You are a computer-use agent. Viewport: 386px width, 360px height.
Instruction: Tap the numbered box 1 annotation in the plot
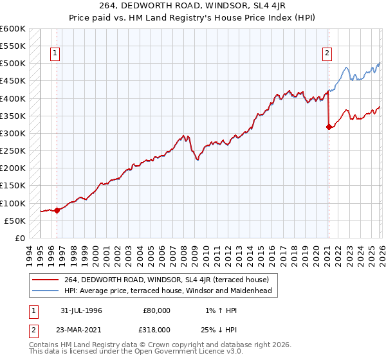click(56, 54)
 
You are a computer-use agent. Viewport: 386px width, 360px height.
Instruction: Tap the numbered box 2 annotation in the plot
click(327, 54)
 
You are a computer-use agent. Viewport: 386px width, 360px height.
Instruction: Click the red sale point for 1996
click(57, 210)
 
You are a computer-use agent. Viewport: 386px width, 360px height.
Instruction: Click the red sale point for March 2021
click(329, 127)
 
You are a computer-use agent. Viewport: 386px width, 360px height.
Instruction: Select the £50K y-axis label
click(15, 221)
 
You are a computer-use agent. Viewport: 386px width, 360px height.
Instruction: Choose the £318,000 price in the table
click(156, 329)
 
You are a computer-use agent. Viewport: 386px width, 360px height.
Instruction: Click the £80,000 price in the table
click(156, 310)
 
